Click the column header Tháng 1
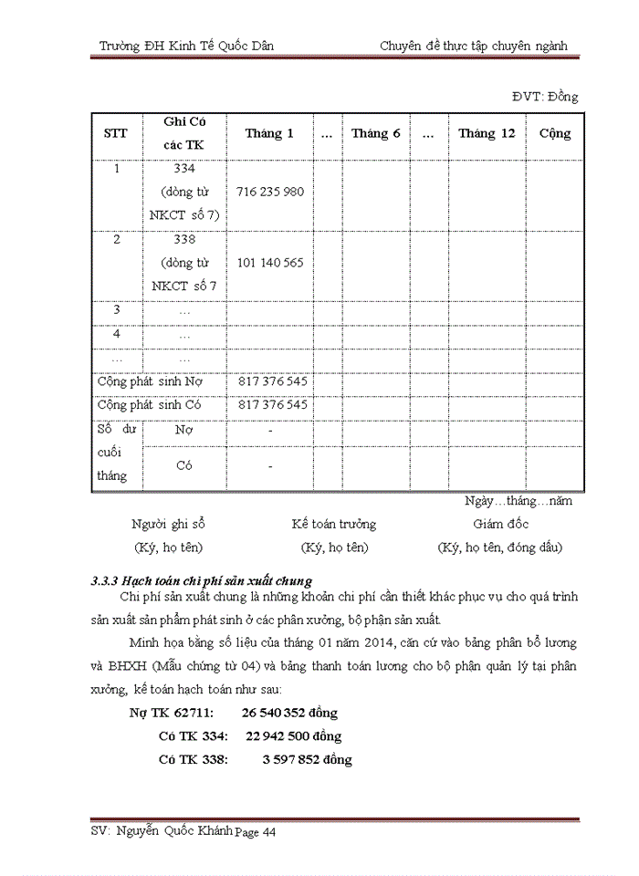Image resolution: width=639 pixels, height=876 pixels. tap(269, 133)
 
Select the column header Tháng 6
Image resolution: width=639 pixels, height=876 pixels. tap(376, 133)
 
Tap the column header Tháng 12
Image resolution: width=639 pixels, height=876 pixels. tap(487, 133)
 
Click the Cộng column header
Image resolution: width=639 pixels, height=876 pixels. tap(555, 133)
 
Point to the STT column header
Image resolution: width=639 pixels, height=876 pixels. tap(116, 133)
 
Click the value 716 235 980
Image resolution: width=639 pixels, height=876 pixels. tap(269, 193)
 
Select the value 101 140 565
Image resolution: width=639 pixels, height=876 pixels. tap(269, 263)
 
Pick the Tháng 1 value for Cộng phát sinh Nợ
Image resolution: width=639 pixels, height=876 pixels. tap(272, 381)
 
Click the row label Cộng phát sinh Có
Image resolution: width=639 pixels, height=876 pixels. tap(149, 404)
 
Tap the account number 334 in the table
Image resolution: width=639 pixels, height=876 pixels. tap(185, 169)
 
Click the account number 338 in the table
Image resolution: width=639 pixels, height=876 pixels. tap(185, 239)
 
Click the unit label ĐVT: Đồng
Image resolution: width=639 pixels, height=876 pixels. tap(544, 97)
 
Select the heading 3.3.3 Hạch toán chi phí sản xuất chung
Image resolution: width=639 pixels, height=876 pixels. tap(202, 580)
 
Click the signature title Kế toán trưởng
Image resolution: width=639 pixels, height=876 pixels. tap(333, 525)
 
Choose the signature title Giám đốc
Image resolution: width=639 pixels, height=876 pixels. tap(500, 525)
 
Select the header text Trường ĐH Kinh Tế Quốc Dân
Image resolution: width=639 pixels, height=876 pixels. tap(186, 46)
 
